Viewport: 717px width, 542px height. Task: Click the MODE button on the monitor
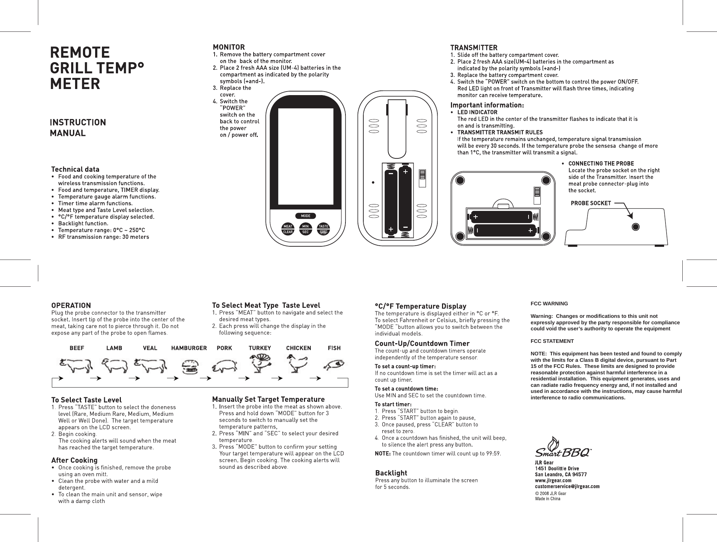pos(305,216)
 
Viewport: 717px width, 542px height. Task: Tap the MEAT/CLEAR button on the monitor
pos(288,229)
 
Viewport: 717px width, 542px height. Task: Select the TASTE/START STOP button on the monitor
pos(324,229)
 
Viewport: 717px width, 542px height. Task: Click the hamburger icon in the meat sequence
pos(190,367)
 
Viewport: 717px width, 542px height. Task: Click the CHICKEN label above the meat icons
pos(299,348)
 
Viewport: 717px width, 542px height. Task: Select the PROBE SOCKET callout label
pos(591,203)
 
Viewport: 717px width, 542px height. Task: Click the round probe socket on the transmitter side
pos(635,227)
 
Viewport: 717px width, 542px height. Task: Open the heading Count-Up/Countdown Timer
pos(422,344)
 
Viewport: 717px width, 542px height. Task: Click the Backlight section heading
pos(391,473)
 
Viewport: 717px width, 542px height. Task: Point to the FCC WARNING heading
pos(549,304)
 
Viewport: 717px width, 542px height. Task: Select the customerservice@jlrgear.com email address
pos(567,486)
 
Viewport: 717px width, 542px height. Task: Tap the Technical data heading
pos(75,169)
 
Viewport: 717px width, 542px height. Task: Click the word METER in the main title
pos(75,84)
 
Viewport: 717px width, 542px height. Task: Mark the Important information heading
pos(487,105)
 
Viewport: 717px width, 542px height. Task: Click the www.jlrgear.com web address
pos(553,480)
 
